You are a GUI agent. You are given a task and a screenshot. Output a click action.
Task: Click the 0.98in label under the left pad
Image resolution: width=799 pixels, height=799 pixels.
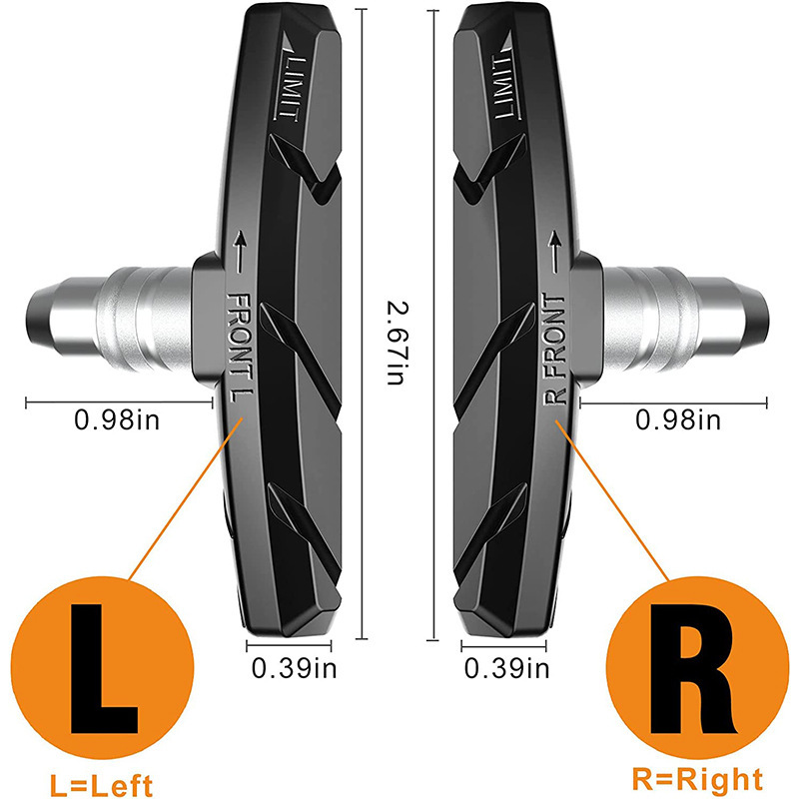[116, 420]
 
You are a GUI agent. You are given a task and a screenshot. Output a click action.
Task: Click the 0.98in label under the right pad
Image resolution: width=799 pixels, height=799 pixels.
[678, 420]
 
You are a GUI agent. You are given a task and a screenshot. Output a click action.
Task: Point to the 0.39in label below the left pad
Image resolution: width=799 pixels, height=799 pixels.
[295, 668]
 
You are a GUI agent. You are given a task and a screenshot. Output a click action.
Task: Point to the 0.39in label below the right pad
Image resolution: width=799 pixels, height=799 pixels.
[505, 668]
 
